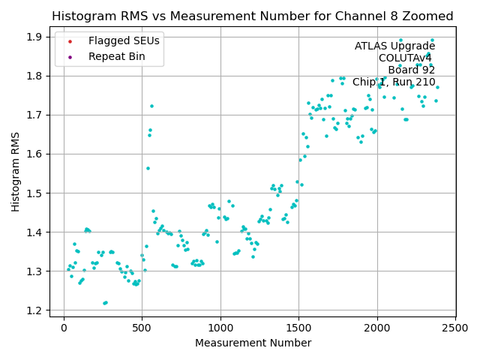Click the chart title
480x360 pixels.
pyautogui.click(x=252, y=16)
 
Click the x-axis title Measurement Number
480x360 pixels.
pyautogui.click(x=252, y=343)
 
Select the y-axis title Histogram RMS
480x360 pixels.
pyautogui.click(x=15, y=172)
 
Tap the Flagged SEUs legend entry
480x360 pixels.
pyautogui.click(x=124, y=41)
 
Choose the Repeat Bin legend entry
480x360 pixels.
pyautogui.click(x=116, y=56)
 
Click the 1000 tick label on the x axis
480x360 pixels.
pyautogui.click(x=220, y=328)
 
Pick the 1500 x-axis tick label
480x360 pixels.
pyautogui.click(x=298, y=328)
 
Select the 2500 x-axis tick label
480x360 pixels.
pyautogui.click(x=455, y=328)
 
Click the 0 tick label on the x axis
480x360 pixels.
pyautogui.click(x=64, y=328)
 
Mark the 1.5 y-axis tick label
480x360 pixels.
pyautogui.click(x=36, y=193)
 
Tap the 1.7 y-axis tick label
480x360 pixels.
pyautogui.click(x=36, y=115)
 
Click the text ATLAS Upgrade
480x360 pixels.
pyautogui.click(x=394, y=46)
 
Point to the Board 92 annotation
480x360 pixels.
pyautogui.click(x=411, y=70)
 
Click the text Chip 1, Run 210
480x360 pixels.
pyautogui.click(x=394, y=82)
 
